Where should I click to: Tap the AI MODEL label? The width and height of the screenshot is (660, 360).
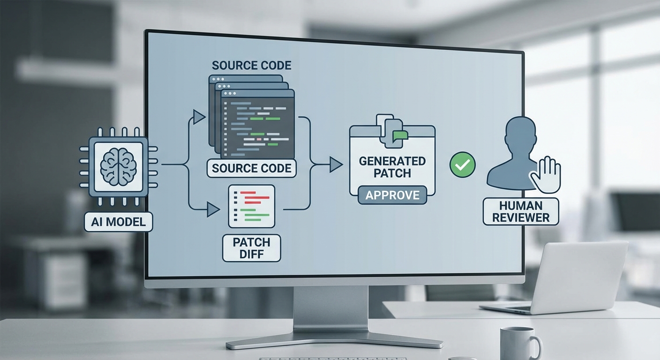pos(119,221)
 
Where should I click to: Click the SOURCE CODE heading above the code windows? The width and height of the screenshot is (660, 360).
pos(251,65)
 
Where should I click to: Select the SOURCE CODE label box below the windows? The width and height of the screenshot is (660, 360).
pos(251,168)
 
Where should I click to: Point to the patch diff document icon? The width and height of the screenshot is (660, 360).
pos(251,206)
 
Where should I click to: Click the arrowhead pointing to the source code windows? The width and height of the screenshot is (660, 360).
pos(199,117)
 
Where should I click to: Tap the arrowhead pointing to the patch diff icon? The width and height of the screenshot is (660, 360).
pos(213,210)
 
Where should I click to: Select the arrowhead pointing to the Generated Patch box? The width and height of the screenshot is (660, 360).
pos(336,164)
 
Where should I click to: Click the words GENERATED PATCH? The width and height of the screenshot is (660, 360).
pos(392,167)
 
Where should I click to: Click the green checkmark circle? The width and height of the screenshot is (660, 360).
pos(462,165)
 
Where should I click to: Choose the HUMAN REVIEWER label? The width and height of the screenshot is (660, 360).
pos(520,211)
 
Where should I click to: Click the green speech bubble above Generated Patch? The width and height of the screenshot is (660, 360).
pos(400,135)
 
